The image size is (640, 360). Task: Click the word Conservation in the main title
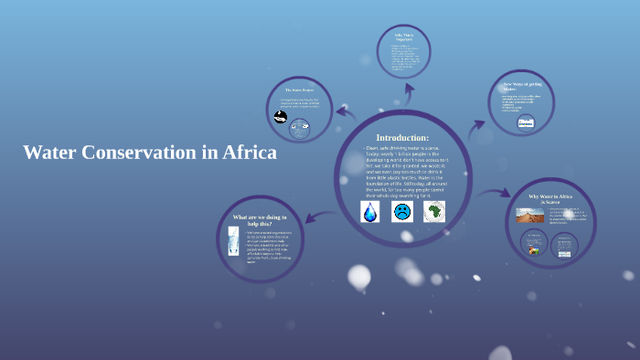(139, 153)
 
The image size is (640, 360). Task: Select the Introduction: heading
(402, 137)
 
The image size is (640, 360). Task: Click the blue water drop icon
(369, 212)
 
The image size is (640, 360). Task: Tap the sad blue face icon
(401, 212)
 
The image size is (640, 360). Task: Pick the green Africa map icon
(433, 211)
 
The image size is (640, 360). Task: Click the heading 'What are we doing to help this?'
(261, 220)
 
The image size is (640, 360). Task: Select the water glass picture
(234, 243)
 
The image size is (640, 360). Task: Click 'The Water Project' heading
(300, 90)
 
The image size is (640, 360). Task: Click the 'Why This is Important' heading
(403, 37)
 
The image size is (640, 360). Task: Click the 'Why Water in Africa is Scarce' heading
(550, 199)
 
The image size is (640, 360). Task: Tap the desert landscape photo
(530, 216)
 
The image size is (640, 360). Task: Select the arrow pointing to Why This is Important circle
(402, 95)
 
